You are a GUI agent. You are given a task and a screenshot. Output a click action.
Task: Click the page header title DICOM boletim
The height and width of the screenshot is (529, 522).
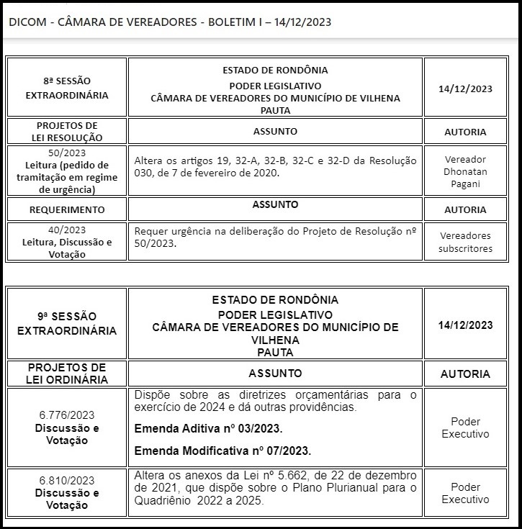(x=170, y=22)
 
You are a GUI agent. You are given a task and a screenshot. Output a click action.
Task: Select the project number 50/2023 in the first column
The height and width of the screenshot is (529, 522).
(x=67, y=153)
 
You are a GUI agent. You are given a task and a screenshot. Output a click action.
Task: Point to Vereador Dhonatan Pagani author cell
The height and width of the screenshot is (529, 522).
(x=466, y=171)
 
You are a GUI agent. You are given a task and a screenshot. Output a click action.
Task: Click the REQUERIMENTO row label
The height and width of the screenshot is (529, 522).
(x=67, y=209)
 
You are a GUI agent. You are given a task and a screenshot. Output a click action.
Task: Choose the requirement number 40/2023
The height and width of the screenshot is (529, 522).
(x=67, y=230)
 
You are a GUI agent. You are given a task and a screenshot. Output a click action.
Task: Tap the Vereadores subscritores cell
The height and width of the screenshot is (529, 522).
(x=466, y=242)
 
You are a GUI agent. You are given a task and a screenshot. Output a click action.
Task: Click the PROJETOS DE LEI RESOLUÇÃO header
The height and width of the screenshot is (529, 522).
(x=67, y=131)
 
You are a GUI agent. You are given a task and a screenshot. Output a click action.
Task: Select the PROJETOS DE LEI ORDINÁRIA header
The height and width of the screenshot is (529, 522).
(x=67, y=374)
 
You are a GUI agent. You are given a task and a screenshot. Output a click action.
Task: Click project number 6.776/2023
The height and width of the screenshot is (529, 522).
(x=67, y=415)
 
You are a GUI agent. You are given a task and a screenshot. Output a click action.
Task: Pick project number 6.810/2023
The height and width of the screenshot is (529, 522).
(x=67, y=480)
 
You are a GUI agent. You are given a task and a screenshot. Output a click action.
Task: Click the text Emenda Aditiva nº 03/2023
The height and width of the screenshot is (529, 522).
(x=209, y=429)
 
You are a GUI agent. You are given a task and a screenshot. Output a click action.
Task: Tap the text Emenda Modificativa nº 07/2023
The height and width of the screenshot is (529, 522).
(x=223, y=451)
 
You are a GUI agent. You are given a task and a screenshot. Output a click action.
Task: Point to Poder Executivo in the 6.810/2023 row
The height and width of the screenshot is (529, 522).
(x=465, y=492)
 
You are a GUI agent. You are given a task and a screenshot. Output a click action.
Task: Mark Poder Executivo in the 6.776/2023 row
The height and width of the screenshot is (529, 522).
(x=465, y=428)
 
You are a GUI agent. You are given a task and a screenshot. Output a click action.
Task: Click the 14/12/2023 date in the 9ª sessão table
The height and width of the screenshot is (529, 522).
(x=465, y=325)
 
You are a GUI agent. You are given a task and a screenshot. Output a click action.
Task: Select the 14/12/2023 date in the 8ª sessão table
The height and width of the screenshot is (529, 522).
(x=465, y=89)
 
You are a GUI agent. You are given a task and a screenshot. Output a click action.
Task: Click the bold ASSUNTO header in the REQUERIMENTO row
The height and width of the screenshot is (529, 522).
(x=275, y=204)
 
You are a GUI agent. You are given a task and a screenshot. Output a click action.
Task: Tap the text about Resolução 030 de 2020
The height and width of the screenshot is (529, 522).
(x=275, y=166)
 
